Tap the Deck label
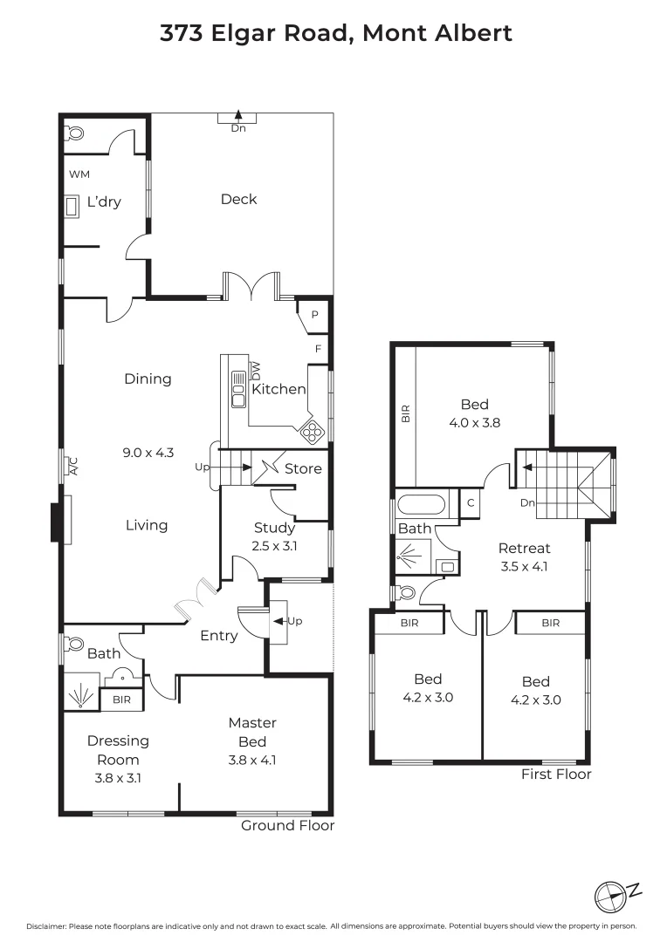pyautogui.click(x=238, y=199)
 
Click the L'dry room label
pyautogui.click(x=104, y=202)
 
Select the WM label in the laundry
pyautogui.click(x=79, y=174)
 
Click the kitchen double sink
pyautogui.click(x=237, y=389)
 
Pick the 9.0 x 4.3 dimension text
pyautogui.click(x=148, y=452)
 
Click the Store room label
pyautogui.click(x=303, y=468)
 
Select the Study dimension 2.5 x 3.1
pyautogui.click(x=275, y=546)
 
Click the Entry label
pyautogui.click(x=218, y=636)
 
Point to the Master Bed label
pyautogui.click(x=252, y=732)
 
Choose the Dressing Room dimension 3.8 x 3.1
pyautogui.click(x=118, y=778)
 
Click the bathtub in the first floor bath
pyautogui.click(x=422, y=504)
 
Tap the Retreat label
pyautogui.click(x=524, y=549)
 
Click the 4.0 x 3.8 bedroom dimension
pyautogui.click(x=475, y=423)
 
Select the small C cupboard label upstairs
pyautogui.click(x=470, y=503)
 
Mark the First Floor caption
pyautogui.click(x=556, y=774)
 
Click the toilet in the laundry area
pyautogui.click(x=75, y=133)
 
